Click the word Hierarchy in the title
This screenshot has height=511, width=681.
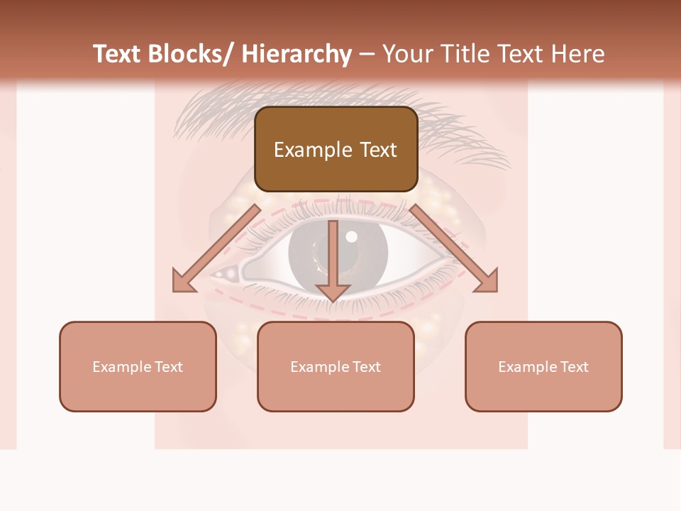point(296,54)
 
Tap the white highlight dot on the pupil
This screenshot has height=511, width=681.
point(351,237)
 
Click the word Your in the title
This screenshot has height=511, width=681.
point(407,54)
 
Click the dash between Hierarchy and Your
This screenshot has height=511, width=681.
point(367,54)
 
